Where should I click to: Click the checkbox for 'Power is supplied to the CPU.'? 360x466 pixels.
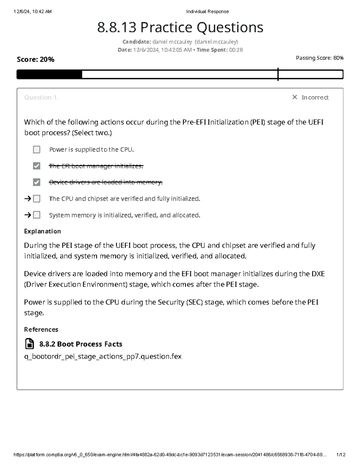coord(37,149)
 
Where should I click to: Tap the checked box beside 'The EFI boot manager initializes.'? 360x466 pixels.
coord(37,166)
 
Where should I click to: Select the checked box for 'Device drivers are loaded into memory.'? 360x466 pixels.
coord(37,182)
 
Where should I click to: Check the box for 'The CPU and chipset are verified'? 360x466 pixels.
coord(37,199)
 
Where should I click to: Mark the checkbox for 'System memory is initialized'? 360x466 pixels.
coord(37,215)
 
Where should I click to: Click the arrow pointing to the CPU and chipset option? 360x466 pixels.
coord(28,199)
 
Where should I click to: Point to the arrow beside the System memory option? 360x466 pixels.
coord(28,215)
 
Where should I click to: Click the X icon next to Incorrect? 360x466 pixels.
coord(295,97)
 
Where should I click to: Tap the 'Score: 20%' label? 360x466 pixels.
coord(35,59)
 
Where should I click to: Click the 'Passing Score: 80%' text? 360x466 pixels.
coord(319,58)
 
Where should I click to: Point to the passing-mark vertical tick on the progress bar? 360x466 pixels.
coord(278,74)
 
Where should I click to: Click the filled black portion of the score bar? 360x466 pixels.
coord(49,74)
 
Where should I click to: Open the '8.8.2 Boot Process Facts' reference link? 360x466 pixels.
coord(81,344)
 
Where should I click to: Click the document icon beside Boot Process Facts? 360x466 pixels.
coord(29,344)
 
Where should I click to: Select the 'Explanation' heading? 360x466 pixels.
coord(42,231)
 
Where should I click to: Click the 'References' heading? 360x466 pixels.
coord(41,329)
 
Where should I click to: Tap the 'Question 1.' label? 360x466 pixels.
coord(41,98)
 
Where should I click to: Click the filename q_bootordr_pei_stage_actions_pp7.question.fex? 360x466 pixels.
coord(103,356)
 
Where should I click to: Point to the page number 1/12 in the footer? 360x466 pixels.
coord(341,455)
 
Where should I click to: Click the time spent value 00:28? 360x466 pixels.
coord(236,50)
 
